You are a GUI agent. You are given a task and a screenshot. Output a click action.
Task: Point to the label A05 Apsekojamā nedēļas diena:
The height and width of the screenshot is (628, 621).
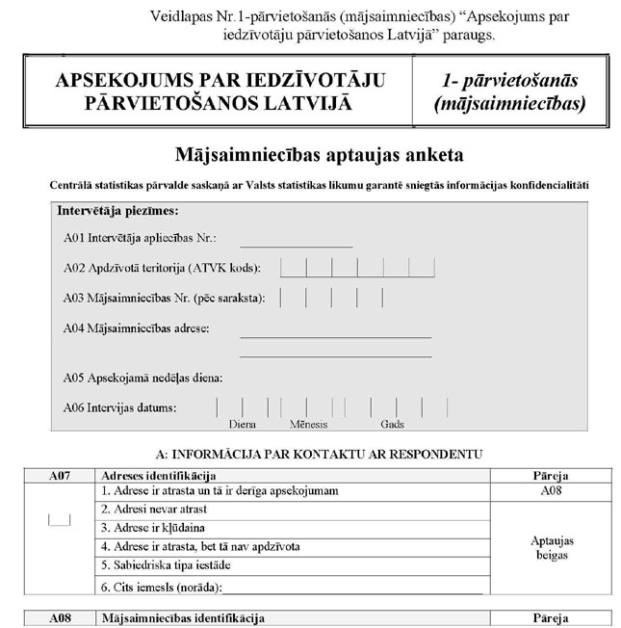coord(142,378)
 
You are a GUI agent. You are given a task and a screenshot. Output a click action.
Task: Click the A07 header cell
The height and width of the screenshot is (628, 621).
coord(59,476)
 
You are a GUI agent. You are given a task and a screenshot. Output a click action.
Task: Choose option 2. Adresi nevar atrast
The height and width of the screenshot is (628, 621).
coord(154,509)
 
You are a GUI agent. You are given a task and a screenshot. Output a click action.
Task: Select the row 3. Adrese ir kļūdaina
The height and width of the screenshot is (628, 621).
coord(153,527)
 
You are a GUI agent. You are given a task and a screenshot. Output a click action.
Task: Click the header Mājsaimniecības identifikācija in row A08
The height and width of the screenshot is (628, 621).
coord(182,617)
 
